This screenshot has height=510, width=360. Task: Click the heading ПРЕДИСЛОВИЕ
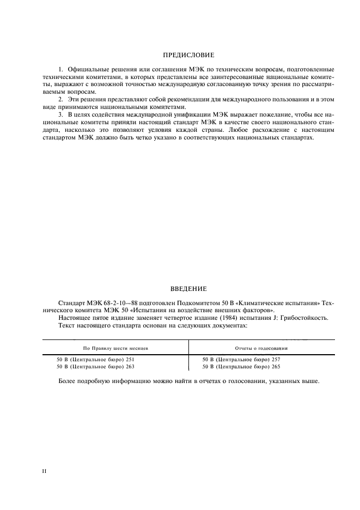(188, 55)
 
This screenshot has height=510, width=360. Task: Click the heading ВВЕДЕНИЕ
(188, 288)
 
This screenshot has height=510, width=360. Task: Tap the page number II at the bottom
(44, 470)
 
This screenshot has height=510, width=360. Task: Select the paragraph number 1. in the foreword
(60, 70)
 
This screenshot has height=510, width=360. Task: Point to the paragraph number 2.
(60, 100)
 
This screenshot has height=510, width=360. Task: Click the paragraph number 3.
(60, 116)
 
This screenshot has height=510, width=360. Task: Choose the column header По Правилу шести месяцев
(115, 348)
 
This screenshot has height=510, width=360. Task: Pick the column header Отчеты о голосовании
(261, 348)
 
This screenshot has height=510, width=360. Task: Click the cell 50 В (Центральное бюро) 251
(95, 360)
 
